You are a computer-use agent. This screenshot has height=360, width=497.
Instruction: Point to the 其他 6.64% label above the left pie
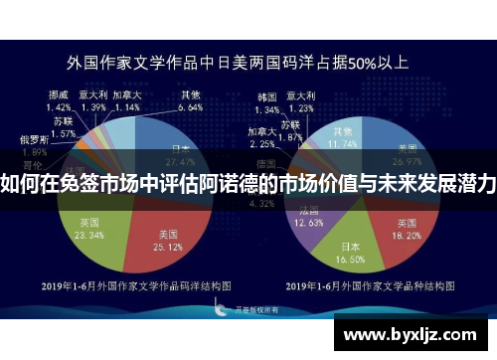click(x=190, y=101)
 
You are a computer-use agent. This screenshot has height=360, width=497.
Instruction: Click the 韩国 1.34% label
click(x=266, y=101)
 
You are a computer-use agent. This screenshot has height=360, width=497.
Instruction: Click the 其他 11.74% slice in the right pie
click(x=346, y=138)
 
